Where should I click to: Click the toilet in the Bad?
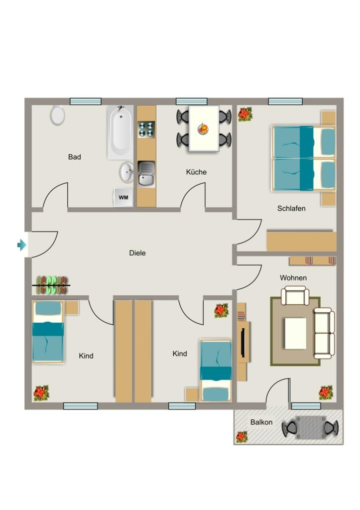[58, 115]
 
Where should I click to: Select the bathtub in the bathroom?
[120, 132]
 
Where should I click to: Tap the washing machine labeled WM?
[123, 197]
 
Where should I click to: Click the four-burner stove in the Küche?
[146, 129]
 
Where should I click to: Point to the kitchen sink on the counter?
[147, 174]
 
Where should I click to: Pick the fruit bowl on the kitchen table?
[203, 129]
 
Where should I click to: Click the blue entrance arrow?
[22, 245]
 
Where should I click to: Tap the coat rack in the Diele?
[51, 285]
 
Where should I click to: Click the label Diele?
[137, 253]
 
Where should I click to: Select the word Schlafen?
[291, 209]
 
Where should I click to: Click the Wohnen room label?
[293, 278]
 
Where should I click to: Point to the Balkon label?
[261, 422]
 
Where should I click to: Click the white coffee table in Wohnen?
[296, 333]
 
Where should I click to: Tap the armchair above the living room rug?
[295, 296]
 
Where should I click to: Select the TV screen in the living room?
[242, 343]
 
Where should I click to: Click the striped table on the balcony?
[310, 427]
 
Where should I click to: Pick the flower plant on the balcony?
[241, 437]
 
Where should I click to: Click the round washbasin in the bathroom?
[126, 172]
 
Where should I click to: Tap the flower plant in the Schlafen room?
[245, 115]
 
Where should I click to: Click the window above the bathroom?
[86, 102]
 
